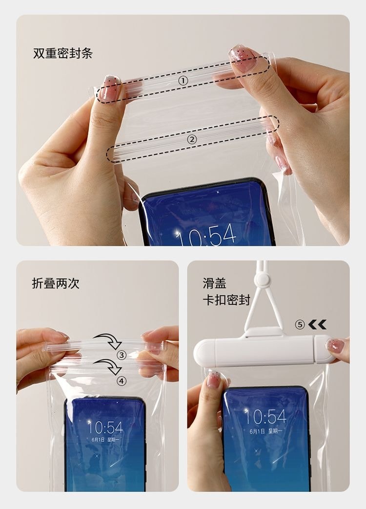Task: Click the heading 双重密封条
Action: click(62, 54)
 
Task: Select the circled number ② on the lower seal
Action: click(192, 139)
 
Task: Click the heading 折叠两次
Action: click(56, 284)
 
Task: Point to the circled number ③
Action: click(122, 354)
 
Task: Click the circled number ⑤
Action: click(300, 325)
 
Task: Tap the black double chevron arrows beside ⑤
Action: click(317, 325)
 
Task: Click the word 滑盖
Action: click(215, 283)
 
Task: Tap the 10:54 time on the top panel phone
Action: click(206, 237)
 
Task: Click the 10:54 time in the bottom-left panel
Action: click(105, 428)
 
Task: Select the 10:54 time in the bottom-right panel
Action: click(265, 416)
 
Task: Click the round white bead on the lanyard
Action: click(262, 279)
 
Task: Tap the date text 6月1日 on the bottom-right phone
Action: click(257, 431)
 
